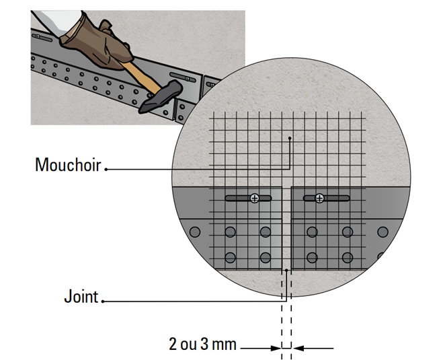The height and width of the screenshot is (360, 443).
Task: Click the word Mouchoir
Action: (x=68, y=164)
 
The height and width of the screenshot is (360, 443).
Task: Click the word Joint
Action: (x=81, y=296)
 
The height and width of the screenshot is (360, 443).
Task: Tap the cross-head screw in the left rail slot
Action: (x=254, y=198)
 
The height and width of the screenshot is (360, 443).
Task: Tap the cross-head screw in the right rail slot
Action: (x=319, y=198)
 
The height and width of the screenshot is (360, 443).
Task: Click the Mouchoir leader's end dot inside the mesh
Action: (x=289, y=139)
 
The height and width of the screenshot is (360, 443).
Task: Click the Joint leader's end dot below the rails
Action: (x=286, y=271)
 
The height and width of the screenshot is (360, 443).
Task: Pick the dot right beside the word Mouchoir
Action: (x=106, y=169)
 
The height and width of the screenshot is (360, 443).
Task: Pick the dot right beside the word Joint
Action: (x=104, y=301)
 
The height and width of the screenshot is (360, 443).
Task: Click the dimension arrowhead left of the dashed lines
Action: (x=276, y=348)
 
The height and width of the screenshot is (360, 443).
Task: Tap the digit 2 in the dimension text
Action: (x=173, y=345)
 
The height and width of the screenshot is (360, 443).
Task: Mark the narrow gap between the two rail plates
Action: (x=287, y=229)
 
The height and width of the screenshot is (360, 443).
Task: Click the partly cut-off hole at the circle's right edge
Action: (x=381, y=256)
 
